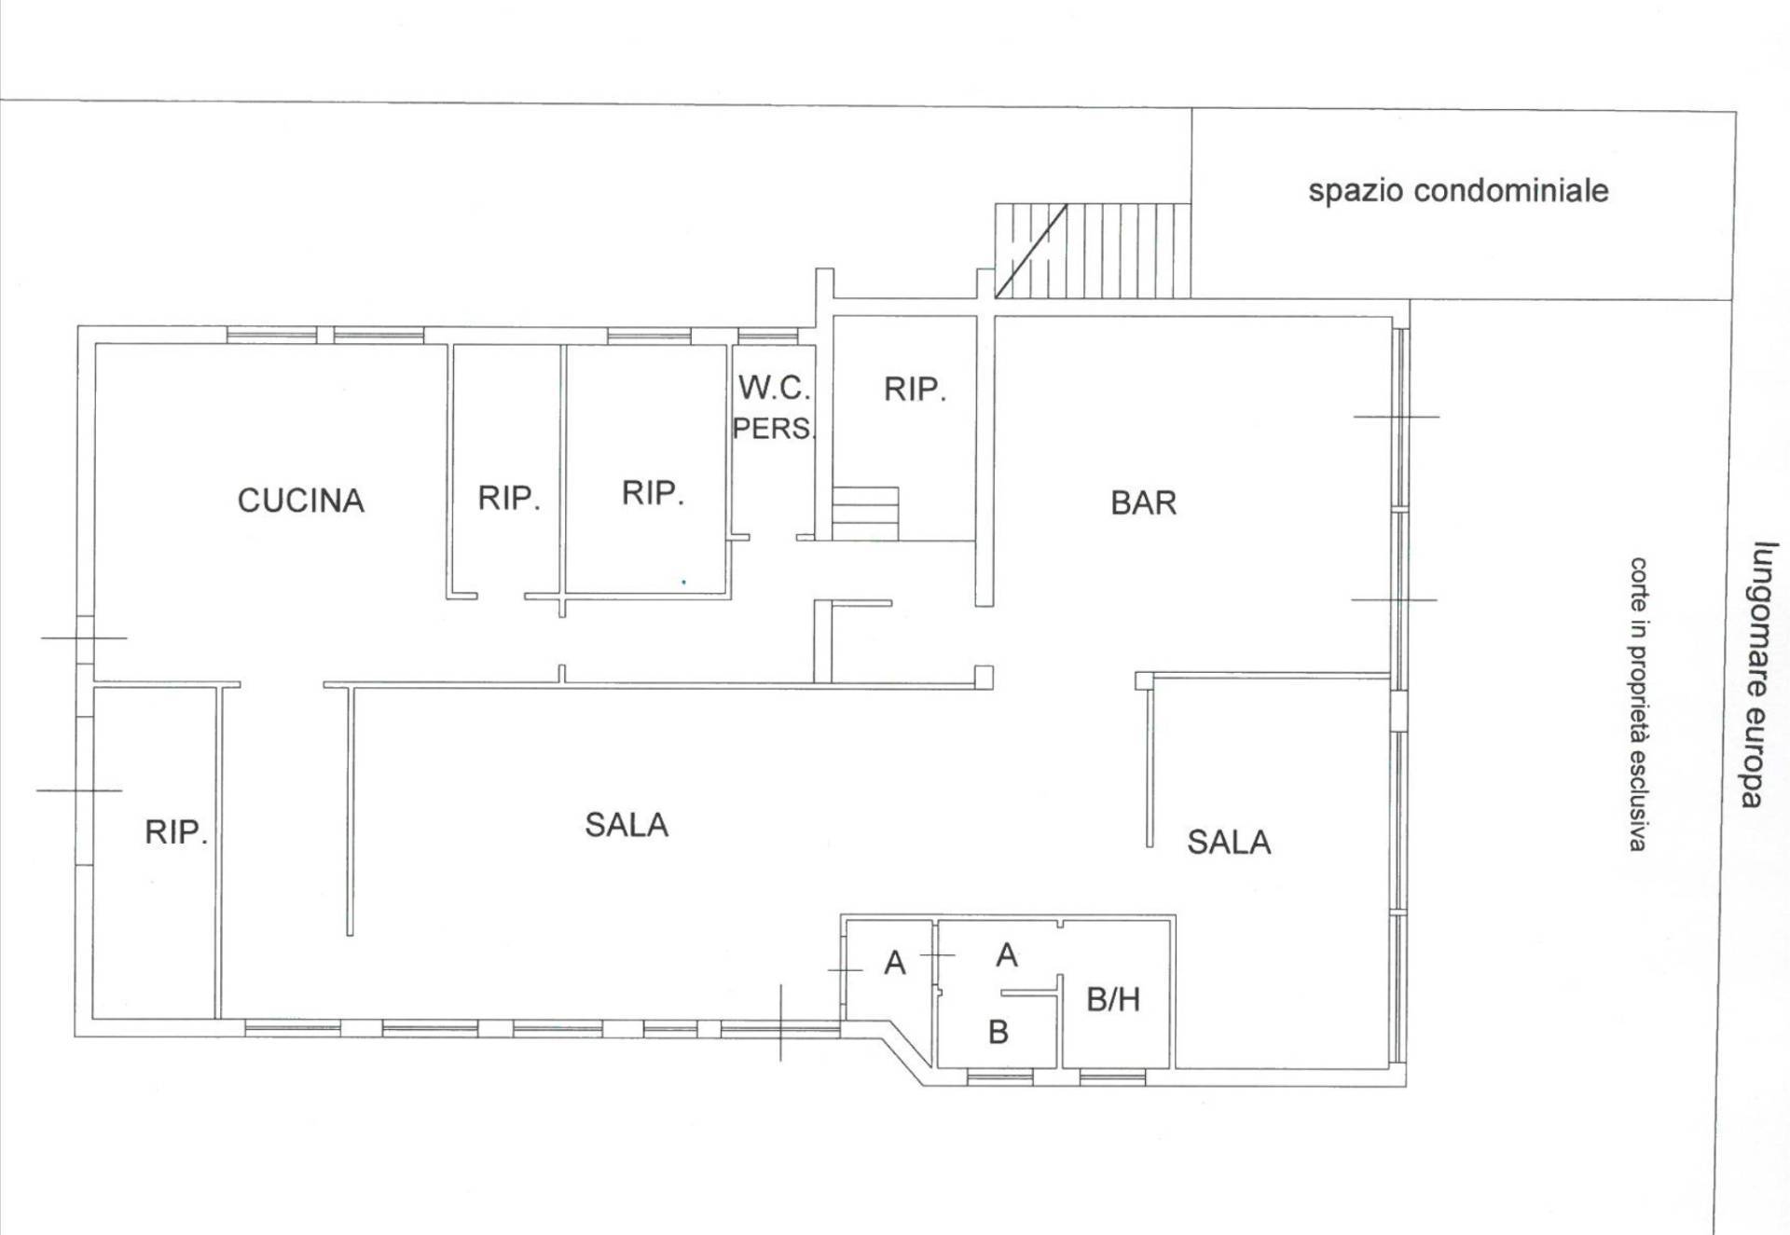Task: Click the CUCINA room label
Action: (300, 501)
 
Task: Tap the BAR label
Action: (1143, 503)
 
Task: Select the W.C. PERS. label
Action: (774, 407)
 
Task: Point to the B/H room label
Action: (1113, 1000)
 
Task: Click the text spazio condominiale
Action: (1458, 191)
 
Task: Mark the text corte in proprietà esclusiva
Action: (1638, 704)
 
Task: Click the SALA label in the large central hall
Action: (626, 825)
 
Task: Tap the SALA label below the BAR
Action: (1229, 843)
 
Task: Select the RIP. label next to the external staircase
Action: (915, 390)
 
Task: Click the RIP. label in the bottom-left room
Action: (175, 832)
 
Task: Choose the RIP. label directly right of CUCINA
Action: (509, 499)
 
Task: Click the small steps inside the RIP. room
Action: (865, 514)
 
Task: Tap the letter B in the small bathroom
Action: (998, 1033)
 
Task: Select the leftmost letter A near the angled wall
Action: (895, 963)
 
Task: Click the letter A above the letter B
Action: (1007, 955)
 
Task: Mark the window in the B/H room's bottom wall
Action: (1112, 1078)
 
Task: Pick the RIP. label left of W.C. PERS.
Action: (653, 493)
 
